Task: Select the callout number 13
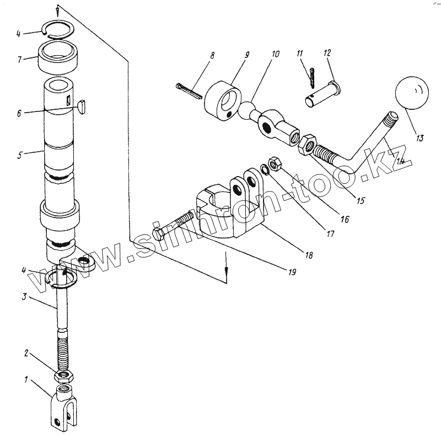point(420,139)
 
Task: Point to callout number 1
point(25,380)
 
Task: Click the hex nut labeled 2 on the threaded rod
point(64,376)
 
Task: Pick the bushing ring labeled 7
point(57,58)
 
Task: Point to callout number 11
point(300,54)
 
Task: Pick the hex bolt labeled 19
point(176,227)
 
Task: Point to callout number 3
point(24,297)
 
